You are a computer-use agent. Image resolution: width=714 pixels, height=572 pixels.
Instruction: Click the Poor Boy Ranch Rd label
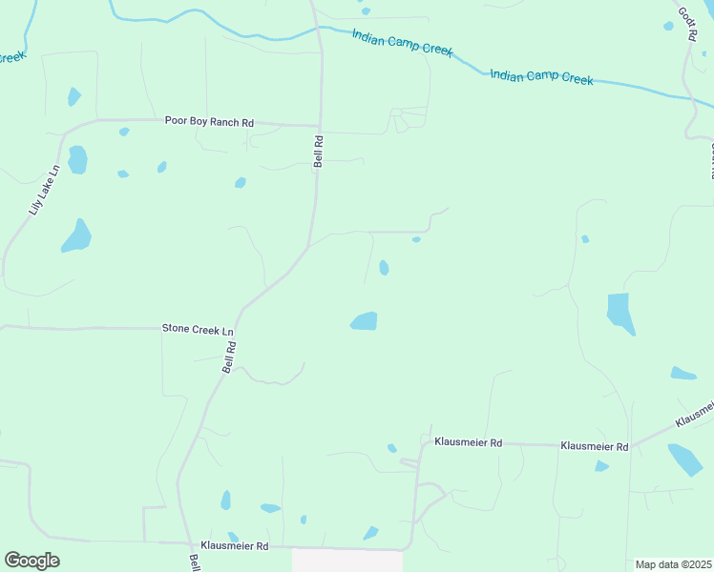(x=209, y=122)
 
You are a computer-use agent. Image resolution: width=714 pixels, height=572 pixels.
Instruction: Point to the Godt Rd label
(x=686, y=17)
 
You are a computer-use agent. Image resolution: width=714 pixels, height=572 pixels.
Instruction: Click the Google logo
(x=31, y=561)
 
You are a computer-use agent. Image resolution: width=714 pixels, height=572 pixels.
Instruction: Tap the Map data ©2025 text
(x=673, y=564)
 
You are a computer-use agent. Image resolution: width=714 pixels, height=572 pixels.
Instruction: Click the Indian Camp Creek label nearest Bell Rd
(x=401, y=43)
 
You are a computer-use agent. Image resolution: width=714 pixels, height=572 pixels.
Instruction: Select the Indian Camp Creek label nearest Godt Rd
(x=541, y=77)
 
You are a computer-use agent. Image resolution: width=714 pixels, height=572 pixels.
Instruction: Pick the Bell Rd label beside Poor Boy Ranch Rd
(x=319, y=151)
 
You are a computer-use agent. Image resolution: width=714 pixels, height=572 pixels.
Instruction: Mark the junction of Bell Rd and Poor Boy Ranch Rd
(x=320, y=125)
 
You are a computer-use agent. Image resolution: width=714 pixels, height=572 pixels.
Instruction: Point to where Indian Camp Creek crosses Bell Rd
(x=319, y=29)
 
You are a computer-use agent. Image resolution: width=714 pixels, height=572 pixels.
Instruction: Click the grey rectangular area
(x=346, y=561)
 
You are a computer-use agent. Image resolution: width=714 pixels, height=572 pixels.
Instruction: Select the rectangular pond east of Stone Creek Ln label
(x=365, y=321)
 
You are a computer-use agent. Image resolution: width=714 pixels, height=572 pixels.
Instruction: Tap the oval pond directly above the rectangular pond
(x=384, y=268)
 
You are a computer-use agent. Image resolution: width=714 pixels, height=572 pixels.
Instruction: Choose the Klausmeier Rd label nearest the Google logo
(x=235, y=546)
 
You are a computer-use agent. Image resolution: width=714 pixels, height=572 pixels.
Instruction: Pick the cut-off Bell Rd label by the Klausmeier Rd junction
(x=194, y=562)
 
